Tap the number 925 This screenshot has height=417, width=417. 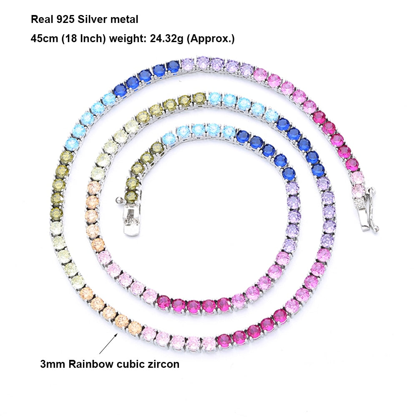coord(65,20)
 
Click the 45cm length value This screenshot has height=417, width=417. coord(45,38)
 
